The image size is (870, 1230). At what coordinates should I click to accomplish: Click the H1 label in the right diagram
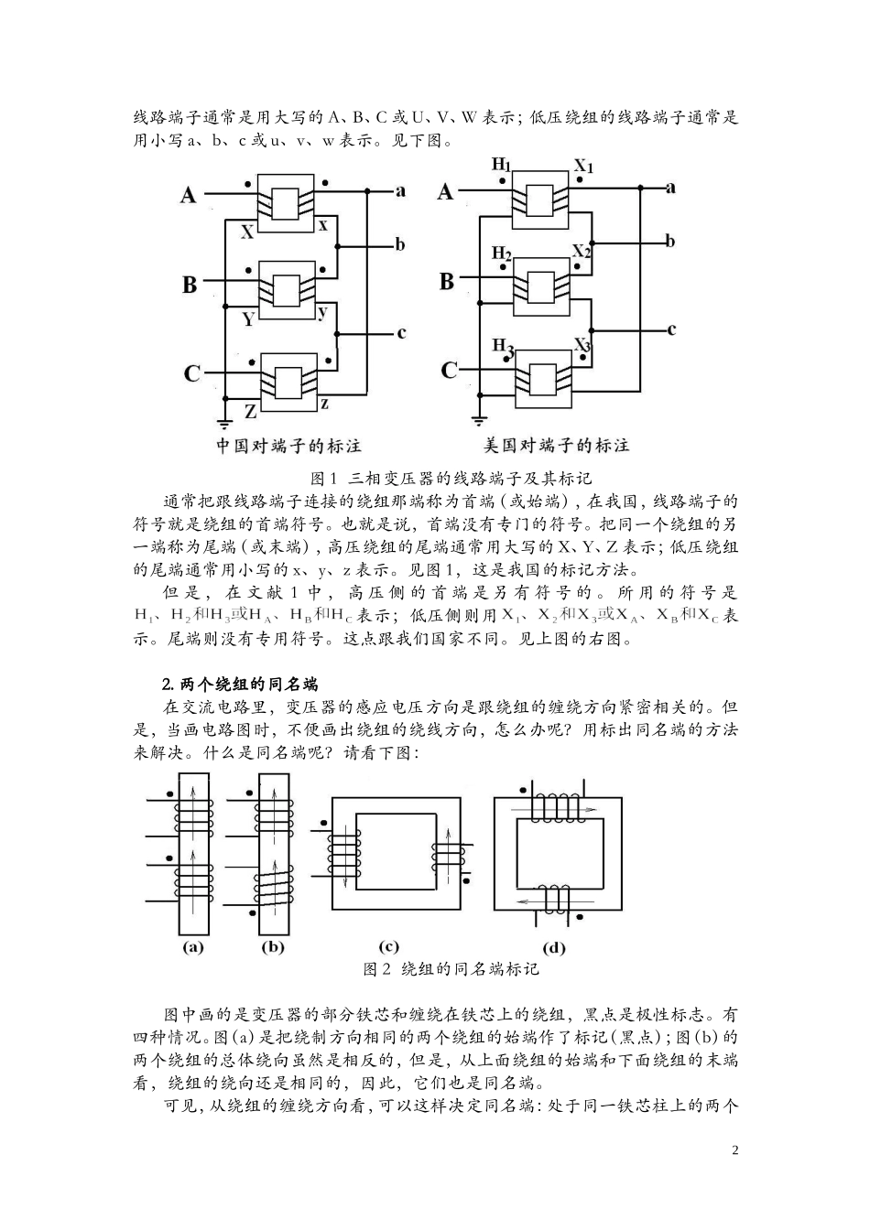click(x=501, y=165)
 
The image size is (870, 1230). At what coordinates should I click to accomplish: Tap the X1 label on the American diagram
click(x=583, y=167)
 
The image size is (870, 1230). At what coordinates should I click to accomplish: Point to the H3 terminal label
click(x=503, y=345)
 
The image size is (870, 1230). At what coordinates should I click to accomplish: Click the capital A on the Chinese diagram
click(x=188, y=195)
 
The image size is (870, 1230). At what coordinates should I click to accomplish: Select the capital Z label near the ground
click(x=250, y=412)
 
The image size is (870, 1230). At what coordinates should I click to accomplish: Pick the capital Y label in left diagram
click(x=248, y=319)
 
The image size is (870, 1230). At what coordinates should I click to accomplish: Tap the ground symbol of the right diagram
click(x=478, y=420)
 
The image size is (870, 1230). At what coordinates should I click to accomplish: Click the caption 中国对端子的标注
click(x=288, y=446)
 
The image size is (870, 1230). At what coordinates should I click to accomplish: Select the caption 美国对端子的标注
click(x=556, y=446)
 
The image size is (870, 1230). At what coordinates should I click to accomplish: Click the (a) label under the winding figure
click(x=192, y=947)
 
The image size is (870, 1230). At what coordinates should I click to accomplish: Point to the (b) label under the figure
click(x=273, y=947)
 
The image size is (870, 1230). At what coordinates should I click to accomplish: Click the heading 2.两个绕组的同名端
click(x=240, y=684)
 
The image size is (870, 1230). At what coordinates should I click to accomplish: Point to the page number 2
click(x=735, y=1149)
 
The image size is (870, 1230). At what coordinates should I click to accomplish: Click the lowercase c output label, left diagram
click(x=401, y=333)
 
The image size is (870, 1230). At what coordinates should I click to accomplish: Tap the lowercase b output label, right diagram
click(x=669, y=242)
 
